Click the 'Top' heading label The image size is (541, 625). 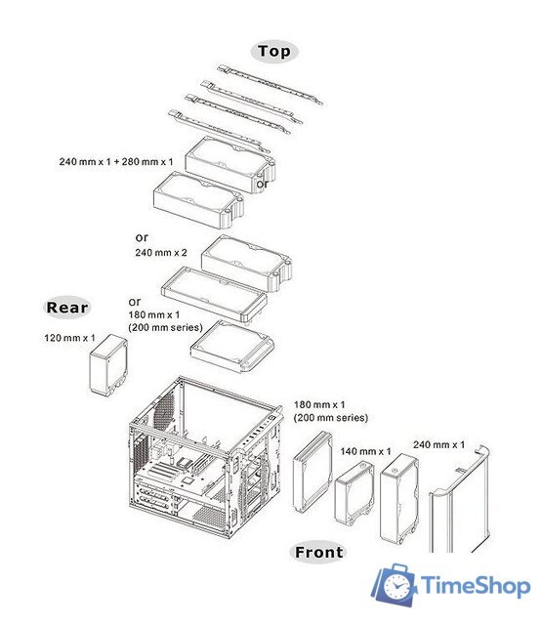[273, 52]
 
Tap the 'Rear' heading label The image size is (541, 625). [67, 308]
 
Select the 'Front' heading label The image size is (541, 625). [319, 553]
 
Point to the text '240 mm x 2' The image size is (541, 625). [161, 252]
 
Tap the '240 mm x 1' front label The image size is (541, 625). [439, 444]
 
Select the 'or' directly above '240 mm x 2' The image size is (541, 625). [142, 236]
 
